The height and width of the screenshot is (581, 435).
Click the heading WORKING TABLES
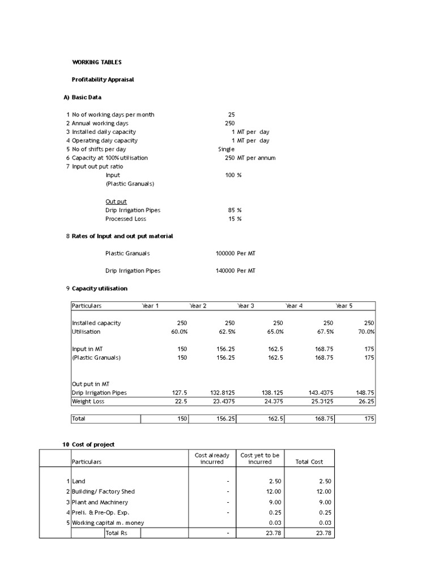click(96, 62)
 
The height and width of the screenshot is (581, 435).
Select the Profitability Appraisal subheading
click(103, 79)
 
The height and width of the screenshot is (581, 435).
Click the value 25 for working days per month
click(231, 115)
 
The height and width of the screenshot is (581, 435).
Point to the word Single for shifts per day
click(226, 149)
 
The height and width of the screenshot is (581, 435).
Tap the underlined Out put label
click(116, 201)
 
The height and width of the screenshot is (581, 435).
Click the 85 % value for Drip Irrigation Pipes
click(234, 210)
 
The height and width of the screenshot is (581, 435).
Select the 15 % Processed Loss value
click(234, 219)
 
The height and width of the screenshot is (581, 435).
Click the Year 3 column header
click(245, 306)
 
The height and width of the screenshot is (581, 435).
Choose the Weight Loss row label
click(88, 402)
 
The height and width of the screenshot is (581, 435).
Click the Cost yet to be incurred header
click(260, 458)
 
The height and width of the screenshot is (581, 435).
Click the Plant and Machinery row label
click(100, 502)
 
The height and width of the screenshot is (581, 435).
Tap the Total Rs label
click(116, 533)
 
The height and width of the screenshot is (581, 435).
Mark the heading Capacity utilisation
click(100, 288)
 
